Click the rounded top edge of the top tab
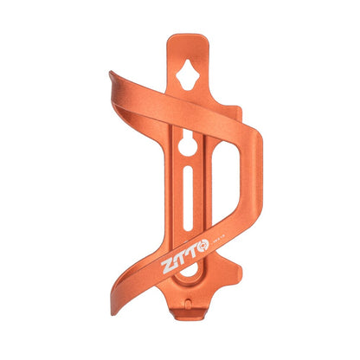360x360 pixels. tap(189, 38)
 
